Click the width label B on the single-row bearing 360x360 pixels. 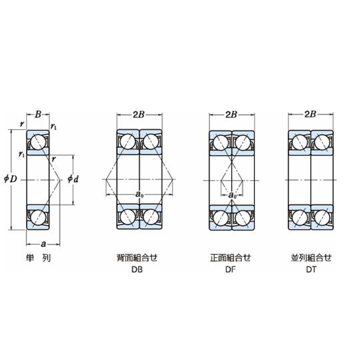(x=38, y=115)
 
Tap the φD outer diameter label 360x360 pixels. (x=11, y=179)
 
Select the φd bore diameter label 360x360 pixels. (x=73, y=179)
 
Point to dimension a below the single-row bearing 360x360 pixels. (x=43, y=244)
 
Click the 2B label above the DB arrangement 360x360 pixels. (x=139, y=115)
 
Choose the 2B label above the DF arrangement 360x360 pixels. (x=231, y=115)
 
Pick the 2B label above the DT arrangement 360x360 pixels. (x=310, y=114)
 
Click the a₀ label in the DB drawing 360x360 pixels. (x=139, y=195)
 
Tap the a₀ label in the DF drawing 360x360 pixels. (x=233, y=195)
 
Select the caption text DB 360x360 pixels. (x=137, y=269)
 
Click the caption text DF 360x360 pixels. (x=231, y=269)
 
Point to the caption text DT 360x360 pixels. (x=311, y=269)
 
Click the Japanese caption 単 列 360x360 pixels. (x=39, y=258)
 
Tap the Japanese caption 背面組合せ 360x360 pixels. (x=137, y=257)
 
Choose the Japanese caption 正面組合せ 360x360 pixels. (x=231, y=257)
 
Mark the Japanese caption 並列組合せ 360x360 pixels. (x=311, y=257)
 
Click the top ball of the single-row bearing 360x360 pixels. (x=38, y=143)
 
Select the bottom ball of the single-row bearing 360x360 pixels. (x=38, y=217)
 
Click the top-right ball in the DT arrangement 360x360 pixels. (x=322, y=143)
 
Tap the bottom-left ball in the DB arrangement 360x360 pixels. (x=128, y=216)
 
